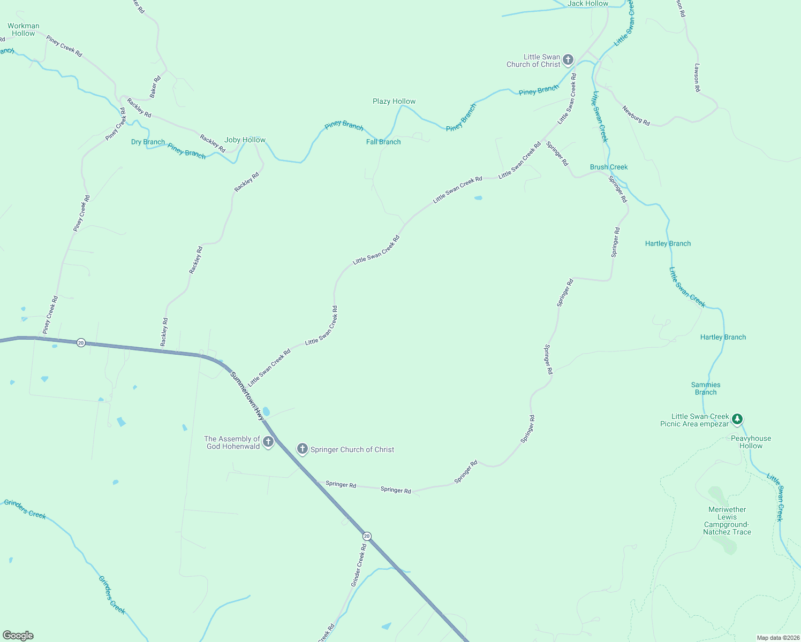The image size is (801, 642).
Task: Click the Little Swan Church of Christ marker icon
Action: pyautogui.click(x=568, y=59)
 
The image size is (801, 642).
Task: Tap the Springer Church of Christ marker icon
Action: pyautogui.click(x=303, y=449)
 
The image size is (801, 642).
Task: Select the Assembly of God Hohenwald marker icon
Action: pyautogui.click(x=268, y=442)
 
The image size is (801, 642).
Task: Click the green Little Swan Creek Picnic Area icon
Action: pyautogui.click(x=737, y=419)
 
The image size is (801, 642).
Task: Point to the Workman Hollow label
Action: pyautogui.click(x=23, y=29)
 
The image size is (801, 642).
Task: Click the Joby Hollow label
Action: pyautogui.click(x=245, y=140)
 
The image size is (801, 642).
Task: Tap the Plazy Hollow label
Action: pyautogui.click(x=394, y=101)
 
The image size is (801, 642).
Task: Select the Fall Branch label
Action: pyautogui.click(x=383, y=142)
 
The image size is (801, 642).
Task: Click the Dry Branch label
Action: pyautogui.click(x=148, y=142)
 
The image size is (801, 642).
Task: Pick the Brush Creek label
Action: pyautogui.click(x=609, y=167)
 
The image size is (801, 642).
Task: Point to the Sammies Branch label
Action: pyautogui.click(x=706, y=388)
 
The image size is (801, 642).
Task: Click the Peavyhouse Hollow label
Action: pyautogui.click(x=751, y=442)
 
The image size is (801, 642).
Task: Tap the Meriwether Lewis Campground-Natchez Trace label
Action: pyautogui.click(x=727, y=521)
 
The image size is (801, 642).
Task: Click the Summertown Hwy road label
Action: pyautogui.click(x=247, y=395)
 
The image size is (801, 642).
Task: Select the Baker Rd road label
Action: pyautogui.click(x=155, y=87)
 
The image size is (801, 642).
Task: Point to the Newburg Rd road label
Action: pyautogui.click(x=636, y=116)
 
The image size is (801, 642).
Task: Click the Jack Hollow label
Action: pyautogui.click(x=588, y=4)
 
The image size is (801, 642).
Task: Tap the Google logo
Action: pyautogui.click(x=18, y=636)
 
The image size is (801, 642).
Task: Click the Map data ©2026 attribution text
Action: pyautogui.click(x=777, y=638)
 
